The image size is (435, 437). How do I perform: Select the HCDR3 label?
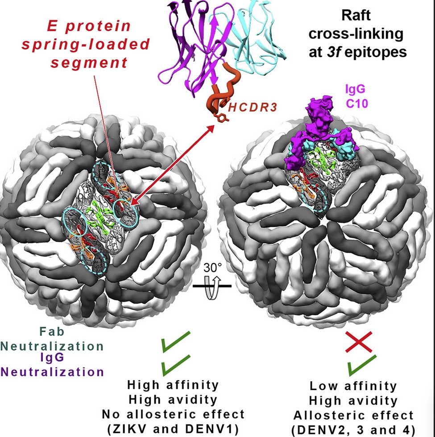tap(245, 108)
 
